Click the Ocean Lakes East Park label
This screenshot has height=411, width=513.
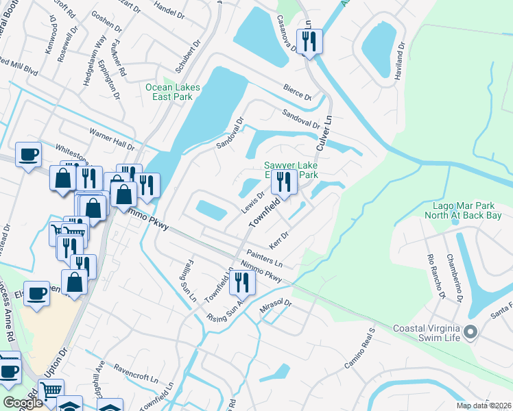[169, 92]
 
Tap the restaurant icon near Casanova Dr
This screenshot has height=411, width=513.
[309, 41]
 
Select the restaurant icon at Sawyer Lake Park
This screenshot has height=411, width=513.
[282, 182]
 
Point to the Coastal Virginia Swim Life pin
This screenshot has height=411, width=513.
[470, 332]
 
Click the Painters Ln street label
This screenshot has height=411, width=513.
[265, 258]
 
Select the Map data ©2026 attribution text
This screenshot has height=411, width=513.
[483, 406]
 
